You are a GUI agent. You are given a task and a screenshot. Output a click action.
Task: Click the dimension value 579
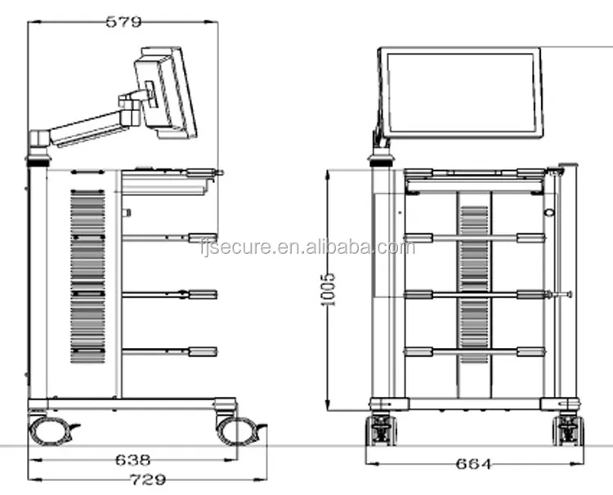pyautogui.click(x=123, y=21)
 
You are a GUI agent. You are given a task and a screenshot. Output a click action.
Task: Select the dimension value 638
pyautogui.click(x=133, y=460)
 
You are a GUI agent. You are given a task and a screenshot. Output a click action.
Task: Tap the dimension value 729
pyautogui.click(x=148, y=479)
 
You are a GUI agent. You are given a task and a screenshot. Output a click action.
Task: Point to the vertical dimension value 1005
pyautogui.click(x=328, y=289)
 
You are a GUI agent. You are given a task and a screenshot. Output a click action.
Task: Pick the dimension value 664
pyautogui.click(x=473, y=464)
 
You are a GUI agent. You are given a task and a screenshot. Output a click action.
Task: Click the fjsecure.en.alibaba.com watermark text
pyautogui.click(x=307, y=247)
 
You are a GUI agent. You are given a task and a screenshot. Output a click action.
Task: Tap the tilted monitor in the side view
pyautogui.click(x=165, y=93)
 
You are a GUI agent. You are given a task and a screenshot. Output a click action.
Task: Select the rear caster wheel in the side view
pyautogui.click(x=50, y=430)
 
